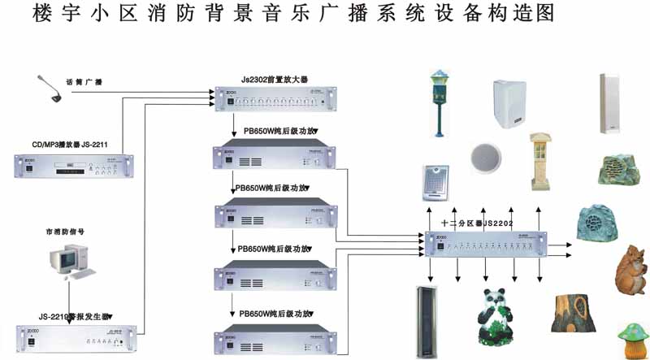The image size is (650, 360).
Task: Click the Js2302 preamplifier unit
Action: pyautogui.click(x=273, y=100)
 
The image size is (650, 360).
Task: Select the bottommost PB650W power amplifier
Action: pyautogui.click(x=272, y=339)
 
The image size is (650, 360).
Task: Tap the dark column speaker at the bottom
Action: pyautogui.click(x=427, y=321)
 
